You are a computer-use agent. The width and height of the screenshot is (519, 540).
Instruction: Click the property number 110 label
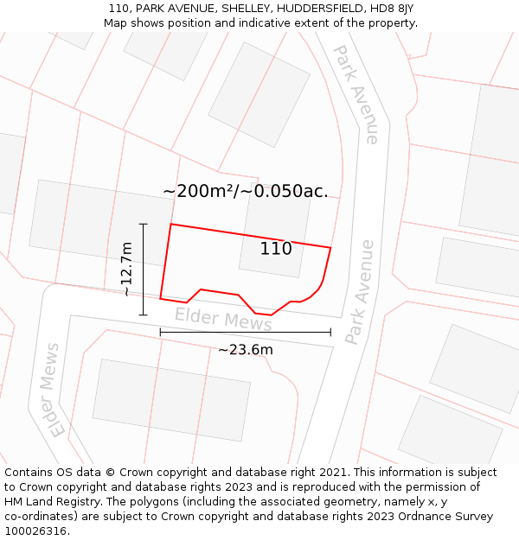click(276, 249)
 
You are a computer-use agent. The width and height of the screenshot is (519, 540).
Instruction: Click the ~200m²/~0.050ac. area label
click(246, 191)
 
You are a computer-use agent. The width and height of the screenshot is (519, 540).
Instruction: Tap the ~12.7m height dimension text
click(126, 269)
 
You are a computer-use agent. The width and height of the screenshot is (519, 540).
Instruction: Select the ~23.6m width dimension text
click(245, 350)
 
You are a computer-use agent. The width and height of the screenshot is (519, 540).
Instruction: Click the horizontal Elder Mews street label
click(223, 319)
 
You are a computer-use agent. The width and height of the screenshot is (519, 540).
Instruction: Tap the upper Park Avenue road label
click(356, 94)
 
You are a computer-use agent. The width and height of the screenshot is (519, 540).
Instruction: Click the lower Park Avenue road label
click(359, 292)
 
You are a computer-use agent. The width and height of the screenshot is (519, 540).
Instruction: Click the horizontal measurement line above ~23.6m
click(245, 332)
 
